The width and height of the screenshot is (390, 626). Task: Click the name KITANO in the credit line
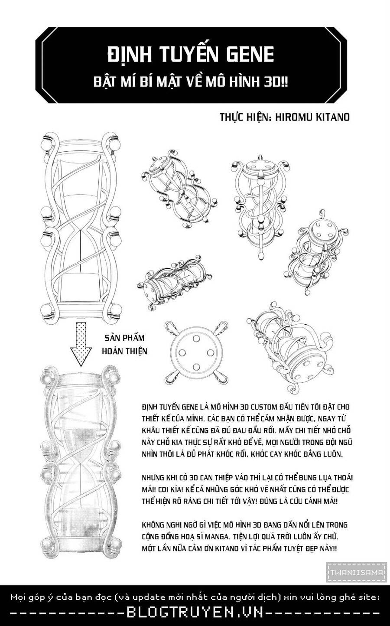point(333,117)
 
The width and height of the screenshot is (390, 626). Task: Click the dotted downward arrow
point(81,344)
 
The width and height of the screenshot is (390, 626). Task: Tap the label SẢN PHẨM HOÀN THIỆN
point(125,344)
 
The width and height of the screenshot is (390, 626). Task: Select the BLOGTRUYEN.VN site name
point(195,613)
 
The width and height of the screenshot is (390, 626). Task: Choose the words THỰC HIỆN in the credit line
point(245,117)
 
